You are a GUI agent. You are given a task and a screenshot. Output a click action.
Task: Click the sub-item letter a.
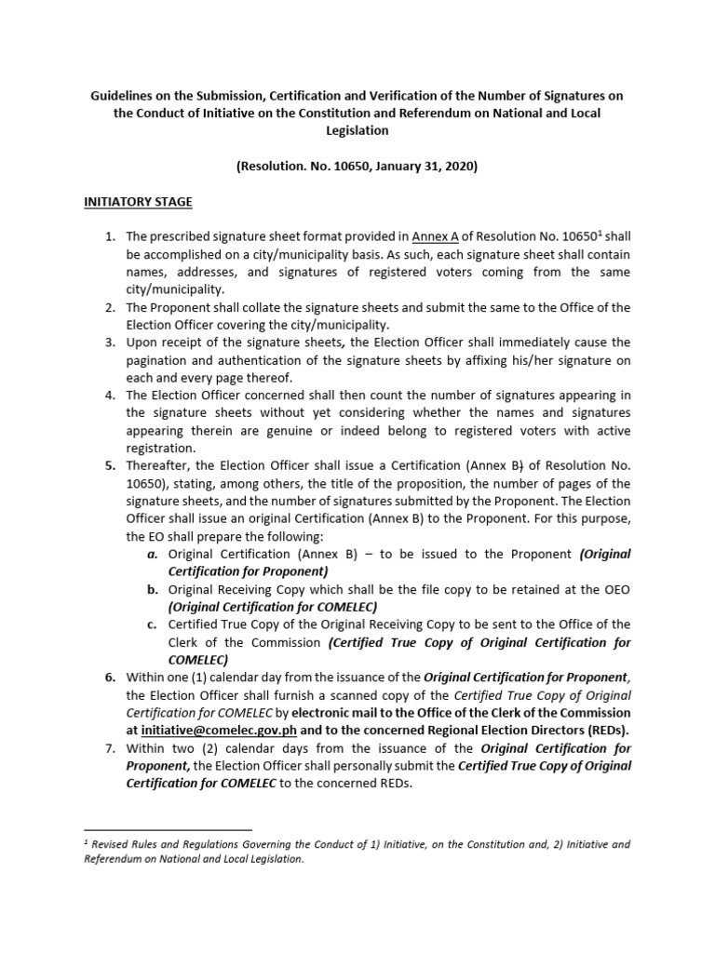152,554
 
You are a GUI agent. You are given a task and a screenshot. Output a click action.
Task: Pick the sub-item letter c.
152,624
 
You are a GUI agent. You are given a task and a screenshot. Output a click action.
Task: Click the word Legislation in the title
357,131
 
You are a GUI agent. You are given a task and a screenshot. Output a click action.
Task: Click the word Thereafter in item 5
162,465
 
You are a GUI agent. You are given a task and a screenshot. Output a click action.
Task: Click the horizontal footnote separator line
168,828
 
